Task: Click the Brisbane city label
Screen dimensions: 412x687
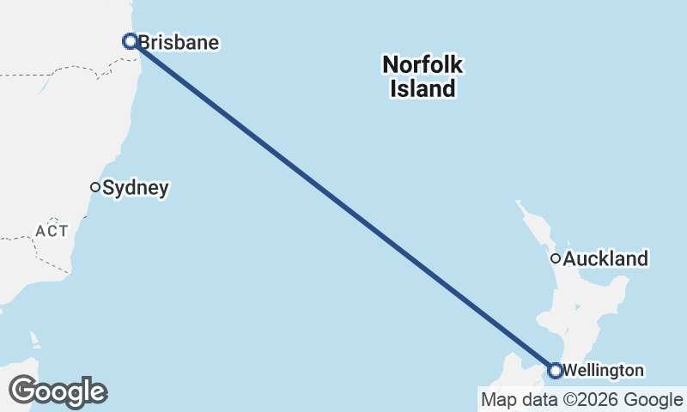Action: pos(179,42)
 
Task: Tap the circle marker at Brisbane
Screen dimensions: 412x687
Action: pos(131,40)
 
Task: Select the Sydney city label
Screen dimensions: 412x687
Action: pos(135,188)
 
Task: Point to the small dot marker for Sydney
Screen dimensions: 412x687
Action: pos(95,187)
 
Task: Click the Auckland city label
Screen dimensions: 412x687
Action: pos(605,258)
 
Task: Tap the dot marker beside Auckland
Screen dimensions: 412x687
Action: pos(556,257)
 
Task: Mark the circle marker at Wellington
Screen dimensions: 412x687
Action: pos(555,371)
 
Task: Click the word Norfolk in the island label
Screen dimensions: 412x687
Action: pos(423,64)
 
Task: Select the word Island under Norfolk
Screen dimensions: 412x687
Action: pos(423,88)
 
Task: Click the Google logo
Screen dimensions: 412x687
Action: pos(58,391)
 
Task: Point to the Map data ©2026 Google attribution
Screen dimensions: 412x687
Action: pos(581,399)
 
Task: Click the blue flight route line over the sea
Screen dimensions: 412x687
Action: pos(343,206)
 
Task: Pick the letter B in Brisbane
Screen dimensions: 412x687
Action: pos(144,42)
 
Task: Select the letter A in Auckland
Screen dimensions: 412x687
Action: pos(569,258)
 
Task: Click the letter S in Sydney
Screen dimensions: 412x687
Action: pos(108,188)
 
